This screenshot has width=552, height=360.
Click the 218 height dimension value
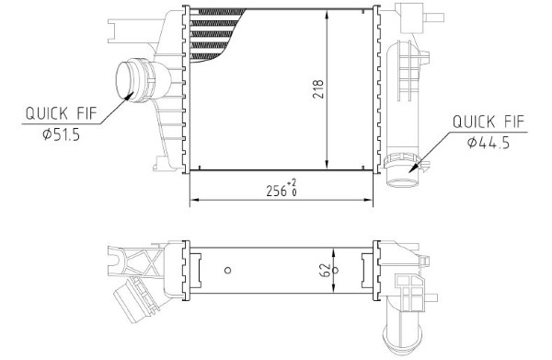318,89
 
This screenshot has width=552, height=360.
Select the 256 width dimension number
276,191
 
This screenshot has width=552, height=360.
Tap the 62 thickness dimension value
326,270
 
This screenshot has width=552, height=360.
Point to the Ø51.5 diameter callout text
62,134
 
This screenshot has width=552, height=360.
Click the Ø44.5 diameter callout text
489,143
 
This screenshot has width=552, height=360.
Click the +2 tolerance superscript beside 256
292,183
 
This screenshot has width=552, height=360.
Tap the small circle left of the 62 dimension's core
228,270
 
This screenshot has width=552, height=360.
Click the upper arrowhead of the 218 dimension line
328,14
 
